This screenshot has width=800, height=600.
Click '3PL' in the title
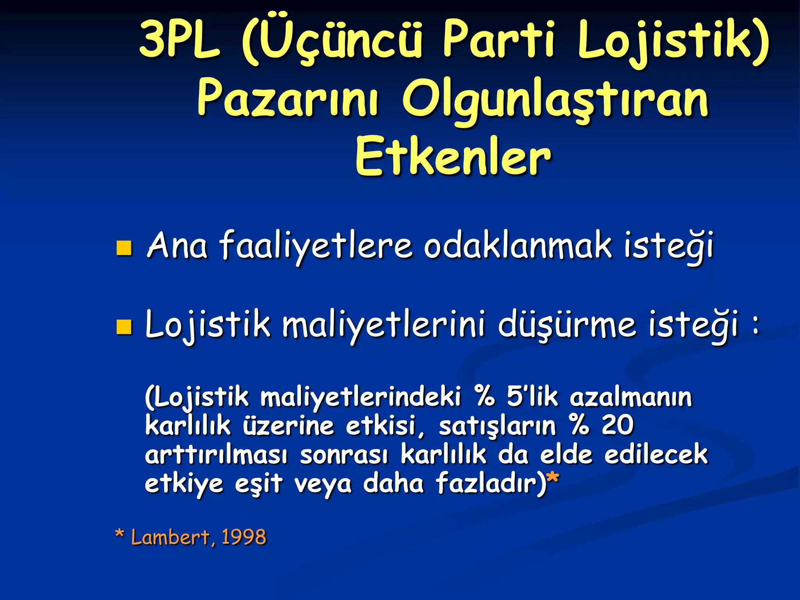(x=180, y=39)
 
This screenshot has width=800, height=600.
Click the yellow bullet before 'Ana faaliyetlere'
(x=124, y=248)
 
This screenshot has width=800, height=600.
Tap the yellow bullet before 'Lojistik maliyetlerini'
(x=124, y=327)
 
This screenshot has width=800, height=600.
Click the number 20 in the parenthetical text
(x=617, y=425)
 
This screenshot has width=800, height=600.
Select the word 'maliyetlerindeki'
(x=361, y=397)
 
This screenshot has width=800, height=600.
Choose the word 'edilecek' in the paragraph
(x=656, y=455)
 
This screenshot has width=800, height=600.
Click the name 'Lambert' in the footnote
(x=171, y=537)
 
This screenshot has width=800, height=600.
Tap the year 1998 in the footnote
(x=244, y=537)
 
